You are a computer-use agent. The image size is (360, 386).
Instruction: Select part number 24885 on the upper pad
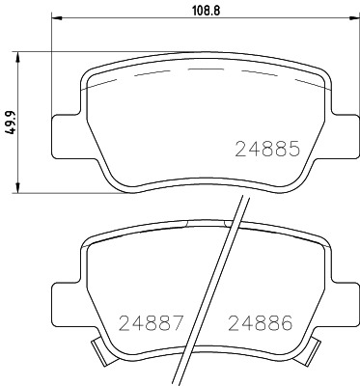(x=269, y=151)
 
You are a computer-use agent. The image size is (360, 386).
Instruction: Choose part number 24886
(x=259, y=322)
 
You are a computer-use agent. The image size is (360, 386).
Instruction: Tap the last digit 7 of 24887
(x=177, y=322)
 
